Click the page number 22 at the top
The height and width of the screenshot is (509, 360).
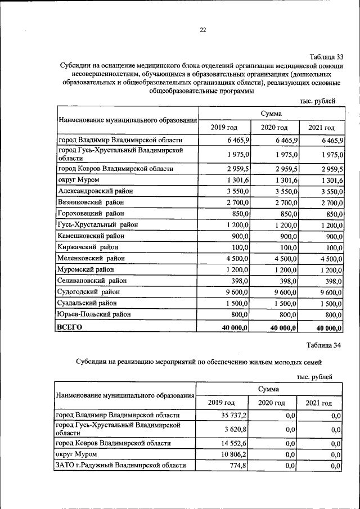tap(202, 30)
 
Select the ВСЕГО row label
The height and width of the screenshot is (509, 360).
tap(70, 326)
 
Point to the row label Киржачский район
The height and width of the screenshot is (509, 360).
tap(86, 247)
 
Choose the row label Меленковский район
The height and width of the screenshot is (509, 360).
tap(91, 258)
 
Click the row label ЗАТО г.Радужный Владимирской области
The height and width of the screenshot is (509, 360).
tap(120, 465)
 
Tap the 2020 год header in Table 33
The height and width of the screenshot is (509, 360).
tap(274, 127)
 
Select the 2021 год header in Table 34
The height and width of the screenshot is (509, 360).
tap(319, 403)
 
